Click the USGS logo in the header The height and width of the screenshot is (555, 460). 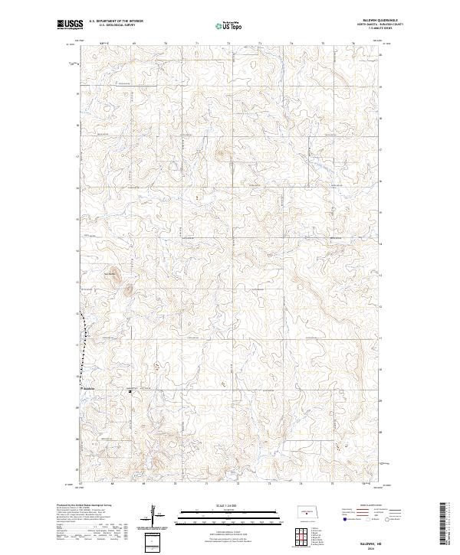pos(70,24)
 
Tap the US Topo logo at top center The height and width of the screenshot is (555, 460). pos(229,24)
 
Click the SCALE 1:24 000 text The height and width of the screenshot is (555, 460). pos(229,504)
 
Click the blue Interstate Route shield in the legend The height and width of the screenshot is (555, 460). pos(343,518)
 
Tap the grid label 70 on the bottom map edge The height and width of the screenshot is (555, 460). pos(176,484)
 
